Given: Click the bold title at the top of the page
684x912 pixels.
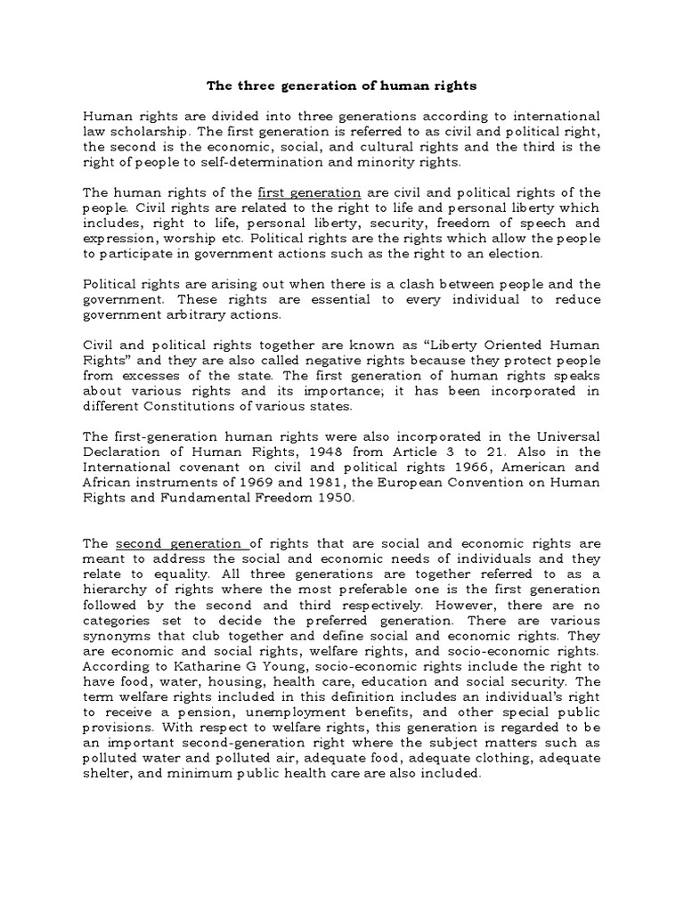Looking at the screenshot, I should (341, 86).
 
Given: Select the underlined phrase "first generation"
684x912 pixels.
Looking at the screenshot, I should (308, 192).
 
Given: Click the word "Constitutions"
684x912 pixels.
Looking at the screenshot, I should (185, 405).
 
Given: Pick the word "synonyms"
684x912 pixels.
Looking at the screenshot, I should (118, 634).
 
